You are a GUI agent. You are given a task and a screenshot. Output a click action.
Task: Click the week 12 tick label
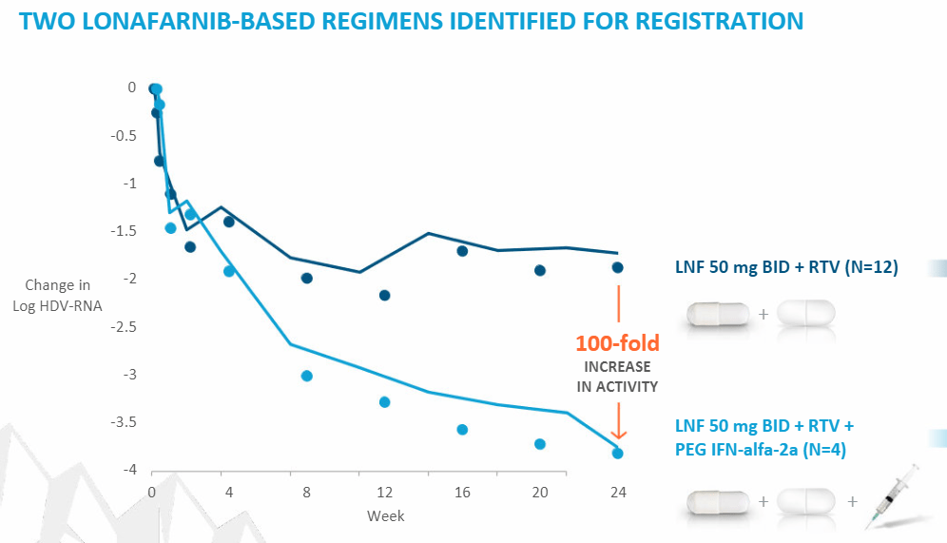[384, 493]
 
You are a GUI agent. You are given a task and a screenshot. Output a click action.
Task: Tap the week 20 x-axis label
[539, 493]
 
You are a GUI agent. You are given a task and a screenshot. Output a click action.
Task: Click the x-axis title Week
[385, 515]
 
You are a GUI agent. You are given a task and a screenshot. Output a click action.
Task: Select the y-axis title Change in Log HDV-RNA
[58, 295]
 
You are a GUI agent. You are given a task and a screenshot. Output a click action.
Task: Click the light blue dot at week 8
[307, 376]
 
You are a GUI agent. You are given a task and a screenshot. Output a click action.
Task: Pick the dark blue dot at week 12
[384, 296]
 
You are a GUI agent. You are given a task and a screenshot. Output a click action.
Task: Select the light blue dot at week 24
[617, 454]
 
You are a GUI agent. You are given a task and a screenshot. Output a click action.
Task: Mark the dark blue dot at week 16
[462, 251]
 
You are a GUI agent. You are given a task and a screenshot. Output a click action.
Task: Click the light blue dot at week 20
[540, 444]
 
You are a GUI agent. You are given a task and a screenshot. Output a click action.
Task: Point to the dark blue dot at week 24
[618, 268]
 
